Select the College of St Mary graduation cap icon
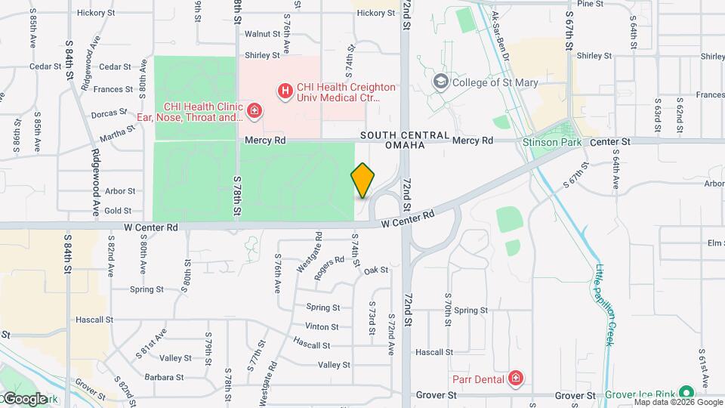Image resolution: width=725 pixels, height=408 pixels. coord(440,82)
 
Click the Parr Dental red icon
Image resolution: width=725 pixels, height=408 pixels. coord(516,377)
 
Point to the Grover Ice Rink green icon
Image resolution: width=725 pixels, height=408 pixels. coord(686,394)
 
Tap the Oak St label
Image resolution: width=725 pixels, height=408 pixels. coord(375,270)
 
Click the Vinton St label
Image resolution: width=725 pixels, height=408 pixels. coord(322,326)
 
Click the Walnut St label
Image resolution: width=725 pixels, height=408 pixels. coord(262,34)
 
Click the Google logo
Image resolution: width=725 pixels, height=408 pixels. coord(24,398)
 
